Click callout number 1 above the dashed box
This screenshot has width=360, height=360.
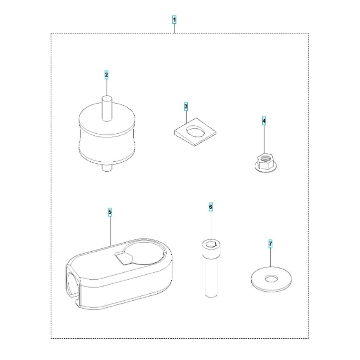pyautogui.click(x=175, y=20)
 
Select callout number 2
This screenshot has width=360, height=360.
pyautogui.click(x=106, y=75)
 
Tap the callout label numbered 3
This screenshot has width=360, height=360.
pyautogui.click(x=186, y=107)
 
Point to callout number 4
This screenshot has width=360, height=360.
pyautogui.click(x=264, y=121)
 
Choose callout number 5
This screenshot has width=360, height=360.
pyautogui.click(x=110, y=212)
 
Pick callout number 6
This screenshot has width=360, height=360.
pyautogui.click(x=211, y=207)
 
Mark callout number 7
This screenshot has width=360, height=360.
pyautogui.click(x=270, y=244)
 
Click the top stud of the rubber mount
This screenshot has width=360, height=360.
pyautogui.click(x=107, y=109)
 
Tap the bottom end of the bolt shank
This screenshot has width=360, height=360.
pyautogui.click(x=211, y=295)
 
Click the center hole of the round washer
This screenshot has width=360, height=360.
pyautogui.click(x=271, y=279)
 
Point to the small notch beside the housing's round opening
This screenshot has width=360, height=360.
pyautogui.click(x=124, y=258)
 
